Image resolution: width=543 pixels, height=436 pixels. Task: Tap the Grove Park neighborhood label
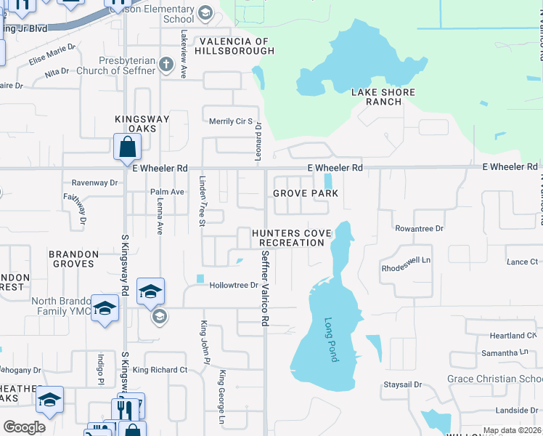click(x=305, y=193)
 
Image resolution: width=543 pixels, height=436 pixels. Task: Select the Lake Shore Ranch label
click(x=383, y=97)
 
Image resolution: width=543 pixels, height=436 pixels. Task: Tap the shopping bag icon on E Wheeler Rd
click(x=128, y=148)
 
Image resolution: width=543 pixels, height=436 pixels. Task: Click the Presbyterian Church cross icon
click(x=166, y=64)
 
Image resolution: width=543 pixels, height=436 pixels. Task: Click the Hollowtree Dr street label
click(x=234, y=286)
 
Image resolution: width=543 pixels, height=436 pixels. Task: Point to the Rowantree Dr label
click(x=419, y=228)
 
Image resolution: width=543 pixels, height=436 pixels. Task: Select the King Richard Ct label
click(x=160, y=370)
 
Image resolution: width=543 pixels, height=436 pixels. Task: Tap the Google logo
click(x=24, y=427)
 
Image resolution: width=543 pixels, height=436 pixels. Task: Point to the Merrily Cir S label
click(x=230, y=121)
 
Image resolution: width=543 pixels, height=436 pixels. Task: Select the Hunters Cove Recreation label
click(x=291, y=238)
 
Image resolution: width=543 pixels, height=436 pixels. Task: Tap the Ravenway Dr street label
click(x=94, y=183)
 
